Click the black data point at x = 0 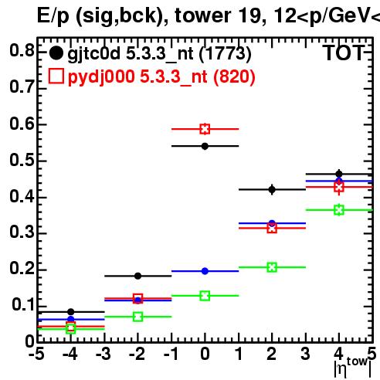205,146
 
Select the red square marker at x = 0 205,129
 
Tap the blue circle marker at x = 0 205,271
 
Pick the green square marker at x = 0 205,296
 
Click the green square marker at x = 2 272,267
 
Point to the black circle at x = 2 272,190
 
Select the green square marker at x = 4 339,210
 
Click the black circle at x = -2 137,276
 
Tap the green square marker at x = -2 138,317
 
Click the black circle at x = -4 71,312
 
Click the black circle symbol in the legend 56,53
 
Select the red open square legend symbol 56,76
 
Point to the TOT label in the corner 344,53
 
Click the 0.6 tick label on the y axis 22,124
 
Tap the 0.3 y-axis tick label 22,232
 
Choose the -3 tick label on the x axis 103,355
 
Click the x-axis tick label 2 272,354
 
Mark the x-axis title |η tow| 353,368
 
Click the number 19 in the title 252,15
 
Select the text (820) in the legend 234,76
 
